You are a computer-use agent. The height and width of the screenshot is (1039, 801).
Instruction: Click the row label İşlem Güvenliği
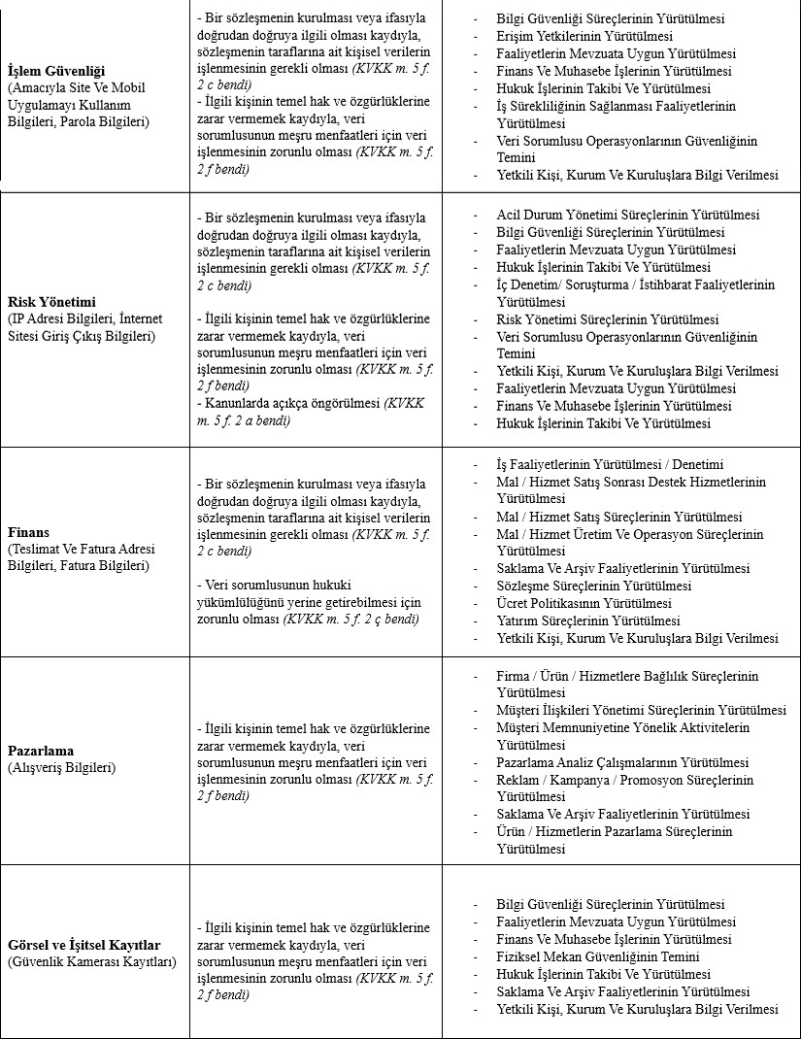55,72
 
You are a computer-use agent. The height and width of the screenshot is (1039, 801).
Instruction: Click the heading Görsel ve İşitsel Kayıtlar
83,945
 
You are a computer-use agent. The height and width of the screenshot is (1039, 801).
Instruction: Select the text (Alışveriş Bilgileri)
61,768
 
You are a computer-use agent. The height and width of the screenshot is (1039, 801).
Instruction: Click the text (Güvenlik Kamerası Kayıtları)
91,962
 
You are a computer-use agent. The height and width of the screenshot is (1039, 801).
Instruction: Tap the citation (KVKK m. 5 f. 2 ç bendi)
350,619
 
